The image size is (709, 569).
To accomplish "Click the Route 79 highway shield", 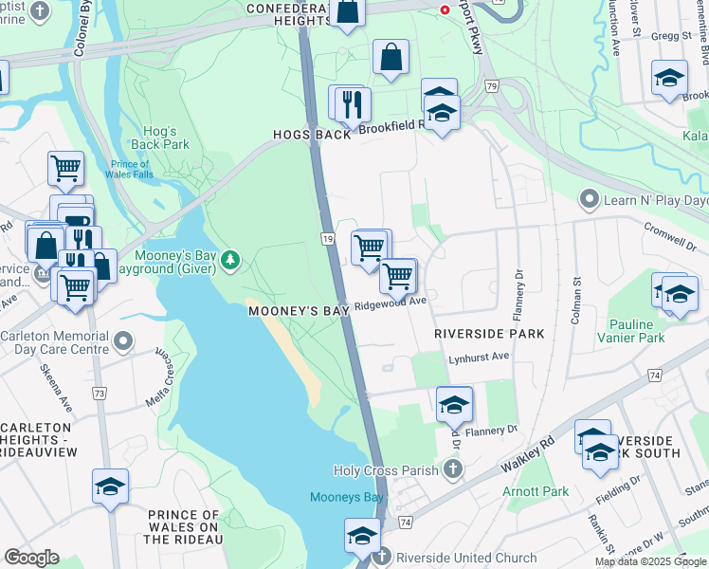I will tap(490, 86).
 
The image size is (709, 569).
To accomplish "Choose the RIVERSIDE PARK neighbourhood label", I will tap(489, 334).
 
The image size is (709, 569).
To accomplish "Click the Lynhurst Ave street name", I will tap(480, 356).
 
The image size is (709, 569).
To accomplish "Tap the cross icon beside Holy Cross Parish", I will tap(453, 469).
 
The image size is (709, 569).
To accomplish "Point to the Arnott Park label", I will tap(536, 491).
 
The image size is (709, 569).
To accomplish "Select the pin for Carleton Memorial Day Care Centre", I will tap(122, 340).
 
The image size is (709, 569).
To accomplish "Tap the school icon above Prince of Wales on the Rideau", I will tap(110, 486).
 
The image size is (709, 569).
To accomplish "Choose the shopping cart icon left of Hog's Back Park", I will tap(65, 169).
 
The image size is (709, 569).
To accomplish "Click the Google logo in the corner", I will tap(31, 558).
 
